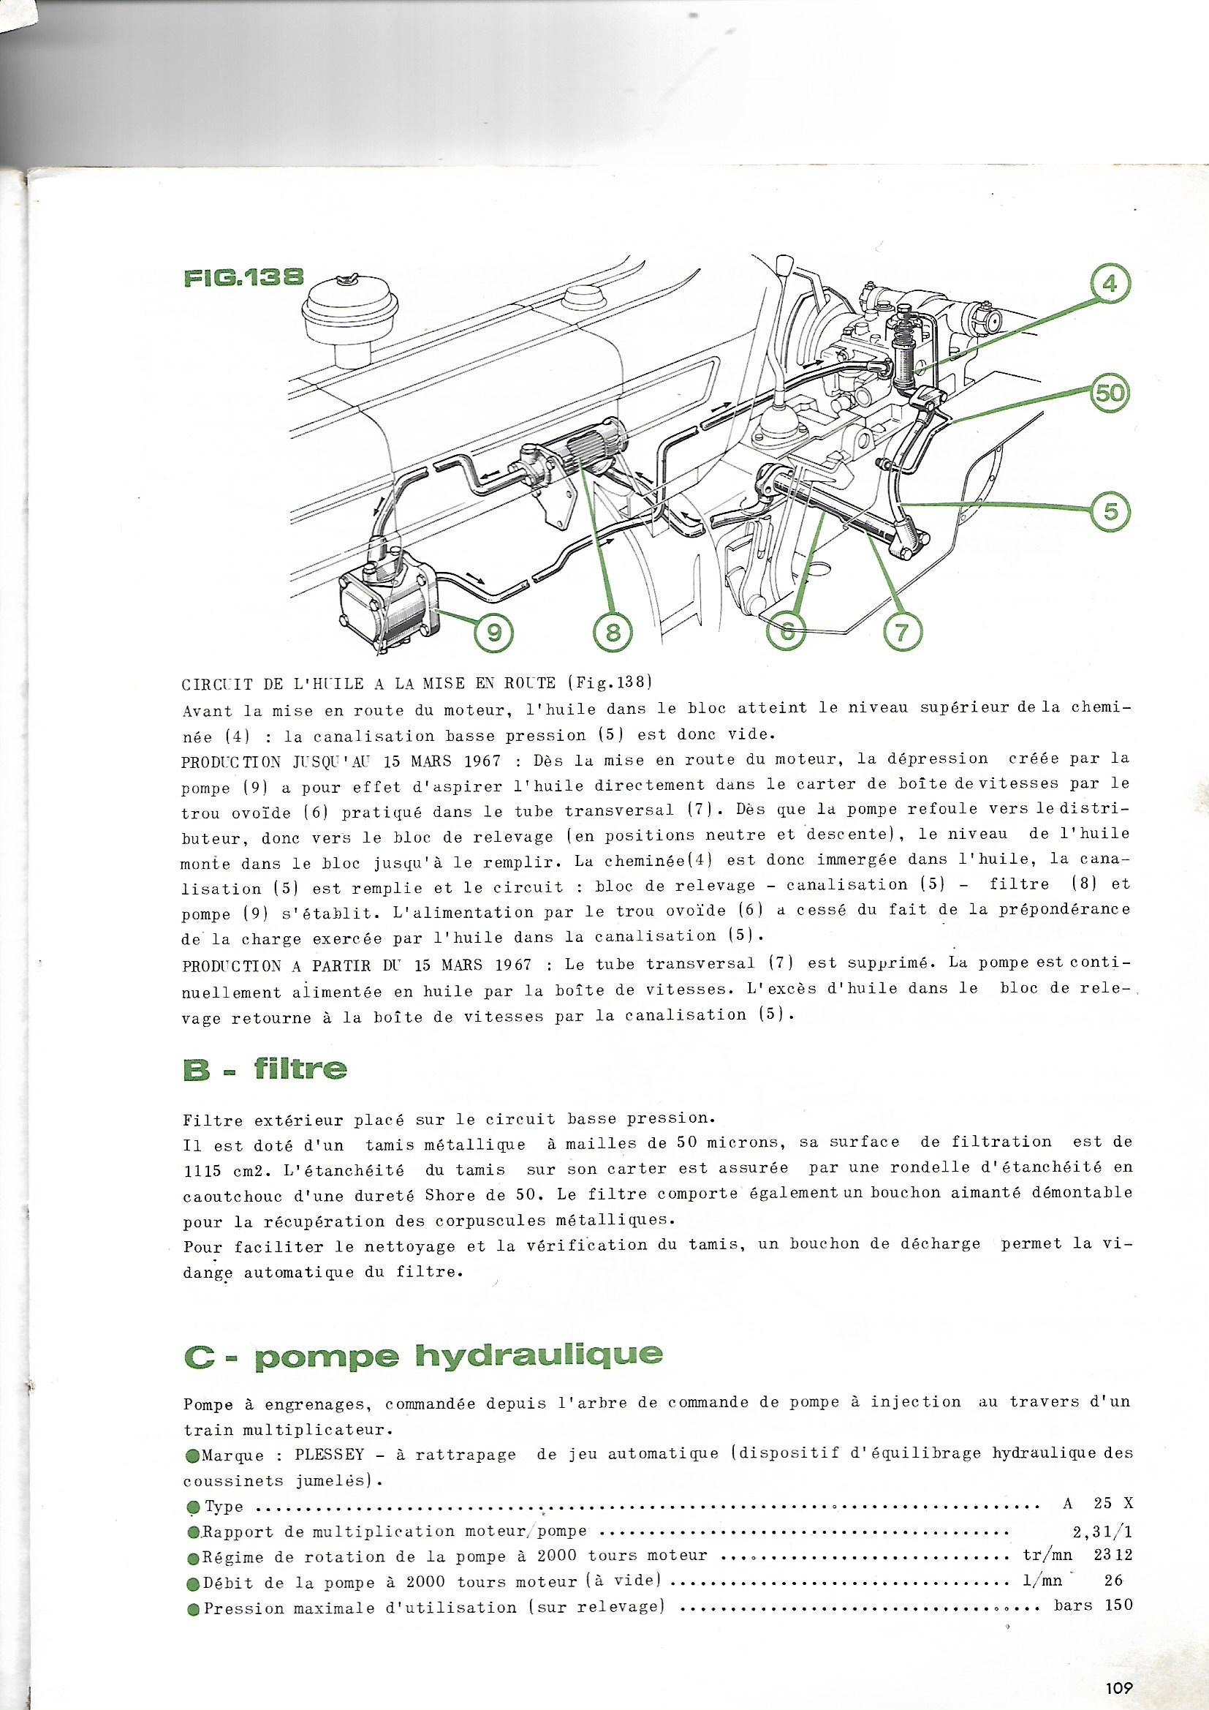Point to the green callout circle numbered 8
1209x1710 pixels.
click(x=614, y=633)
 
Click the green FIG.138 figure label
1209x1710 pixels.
click(x=242, y=279)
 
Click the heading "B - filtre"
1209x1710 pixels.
click(x=265, y=1070)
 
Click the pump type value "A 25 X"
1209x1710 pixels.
click(x=1098, y=1481)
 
